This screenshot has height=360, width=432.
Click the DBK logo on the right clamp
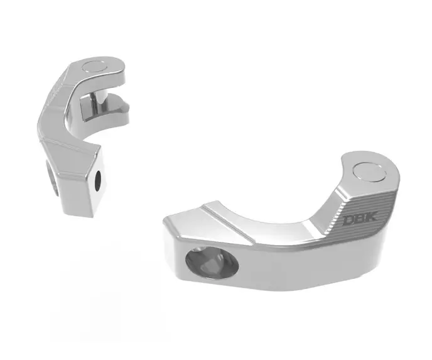click(360, 220)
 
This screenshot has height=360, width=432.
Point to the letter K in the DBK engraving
click(372, 218)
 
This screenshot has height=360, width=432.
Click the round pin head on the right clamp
click(369, 172)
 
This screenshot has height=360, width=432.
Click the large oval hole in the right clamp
click(212, 262)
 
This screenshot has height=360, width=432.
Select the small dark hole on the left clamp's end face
click(98, 180)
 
